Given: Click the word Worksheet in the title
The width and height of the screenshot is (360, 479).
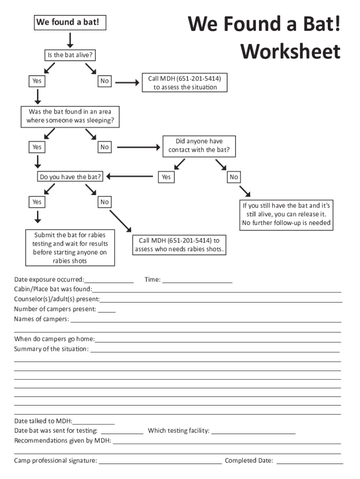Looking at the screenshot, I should [x=290, y=51].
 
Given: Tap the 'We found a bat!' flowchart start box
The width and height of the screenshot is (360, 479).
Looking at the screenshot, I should [x=70, y=22].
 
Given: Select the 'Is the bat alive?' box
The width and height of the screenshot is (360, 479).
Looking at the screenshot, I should [x=70, y=55].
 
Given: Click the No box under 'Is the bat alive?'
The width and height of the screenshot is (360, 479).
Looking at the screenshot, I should [x=104, y=81].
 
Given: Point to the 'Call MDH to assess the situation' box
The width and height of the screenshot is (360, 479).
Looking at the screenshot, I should [x=185, y=82].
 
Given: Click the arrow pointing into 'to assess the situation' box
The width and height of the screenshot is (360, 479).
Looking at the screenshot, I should [x=127, y=83].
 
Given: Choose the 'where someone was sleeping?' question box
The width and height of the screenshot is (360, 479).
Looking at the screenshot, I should [x=70, y=117].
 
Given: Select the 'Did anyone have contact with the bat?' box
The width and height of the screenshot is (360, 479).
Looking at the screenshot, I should [x=199, y=146].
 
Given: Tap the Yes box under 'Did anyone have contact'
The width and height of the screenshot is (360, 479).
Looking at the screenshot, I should [x=166, y=177].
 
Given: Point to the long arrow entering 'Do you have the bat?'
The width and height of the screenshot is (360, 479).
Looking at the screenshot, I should [x=131, y=177].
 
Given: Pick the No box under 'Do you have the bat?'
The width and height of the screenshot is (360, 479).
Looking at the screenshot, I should [x=104, y=202].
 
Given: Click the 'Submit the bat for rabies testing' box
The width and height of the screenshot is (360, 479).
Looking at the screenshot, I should [x=70, y=247].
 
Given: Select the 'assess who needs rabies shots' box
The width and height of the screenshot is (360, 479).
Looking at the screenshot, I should [x=180, y=245].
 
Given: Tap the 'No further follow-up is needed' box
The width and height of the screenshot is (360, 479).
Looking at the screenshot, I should [x=286, y=214].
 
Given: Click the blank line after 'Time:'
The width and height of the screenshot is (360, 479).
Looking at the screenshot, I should [x=197, y=281].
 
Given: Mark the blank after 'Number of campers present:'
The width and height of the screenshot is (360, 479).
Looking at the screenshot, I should [x=107, y=310].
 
